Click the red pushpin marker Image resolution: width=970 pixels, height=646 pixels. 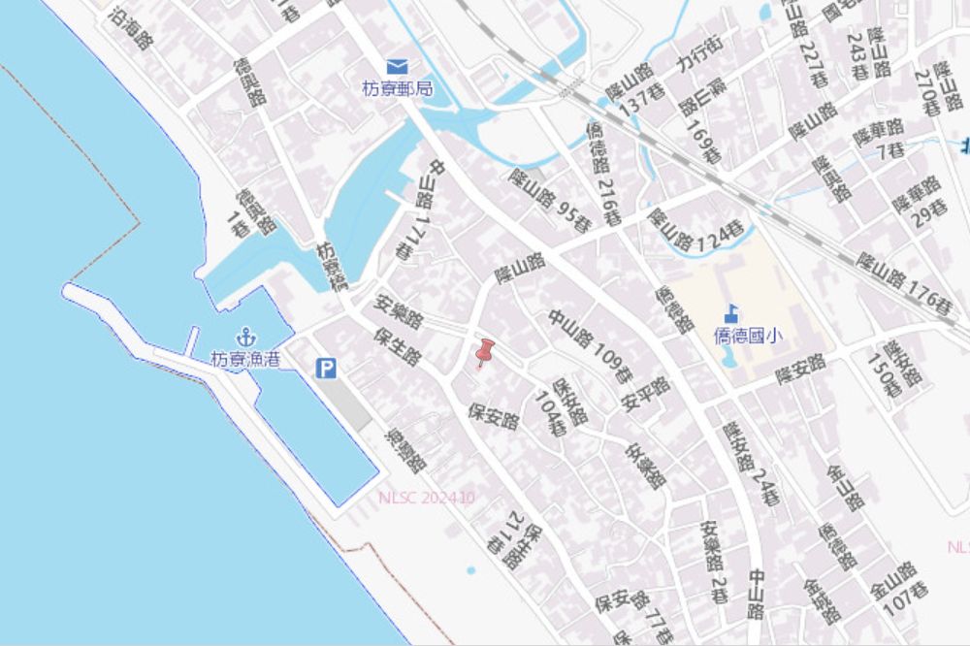pyautogui.click(x=484, y=353)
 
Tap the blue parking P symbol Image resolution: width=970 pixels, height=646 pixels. pyautogui.click(x=327, y=369)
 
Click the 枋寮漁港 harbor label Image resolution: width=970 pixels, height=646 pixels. pyautogui.click(x=245, y=359)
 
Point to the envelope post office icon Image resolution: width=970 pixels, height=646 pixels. pyautogui.click(x=397, y=67)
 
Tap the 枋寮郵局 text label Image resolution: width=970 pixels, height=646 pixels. pyautogui.click(x=397, y=88)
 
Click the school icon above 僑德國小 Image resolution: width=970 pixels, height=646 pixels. pyautogui.click(x=732, y=313)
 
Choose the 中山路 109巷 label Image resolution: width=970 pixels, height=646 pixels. pyautogui.click(x=590, y=345)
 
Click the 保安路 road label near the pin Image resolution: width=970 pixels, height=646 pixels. pyautogui.click(x=494, y=415)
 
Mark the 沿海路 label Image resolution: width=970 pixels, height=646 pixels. pyautogui.click(x=132, y=28)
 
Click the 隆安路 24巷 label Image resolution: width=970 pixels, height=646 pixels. pyautogui.click(x=751, y=465)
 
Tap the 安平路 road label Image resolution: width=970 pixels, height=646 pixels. pyautogui.click(x=646, y=395)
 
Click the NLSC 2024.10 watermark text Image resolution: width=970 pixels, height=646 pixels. pyautogui.click(x=427, y=498)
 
